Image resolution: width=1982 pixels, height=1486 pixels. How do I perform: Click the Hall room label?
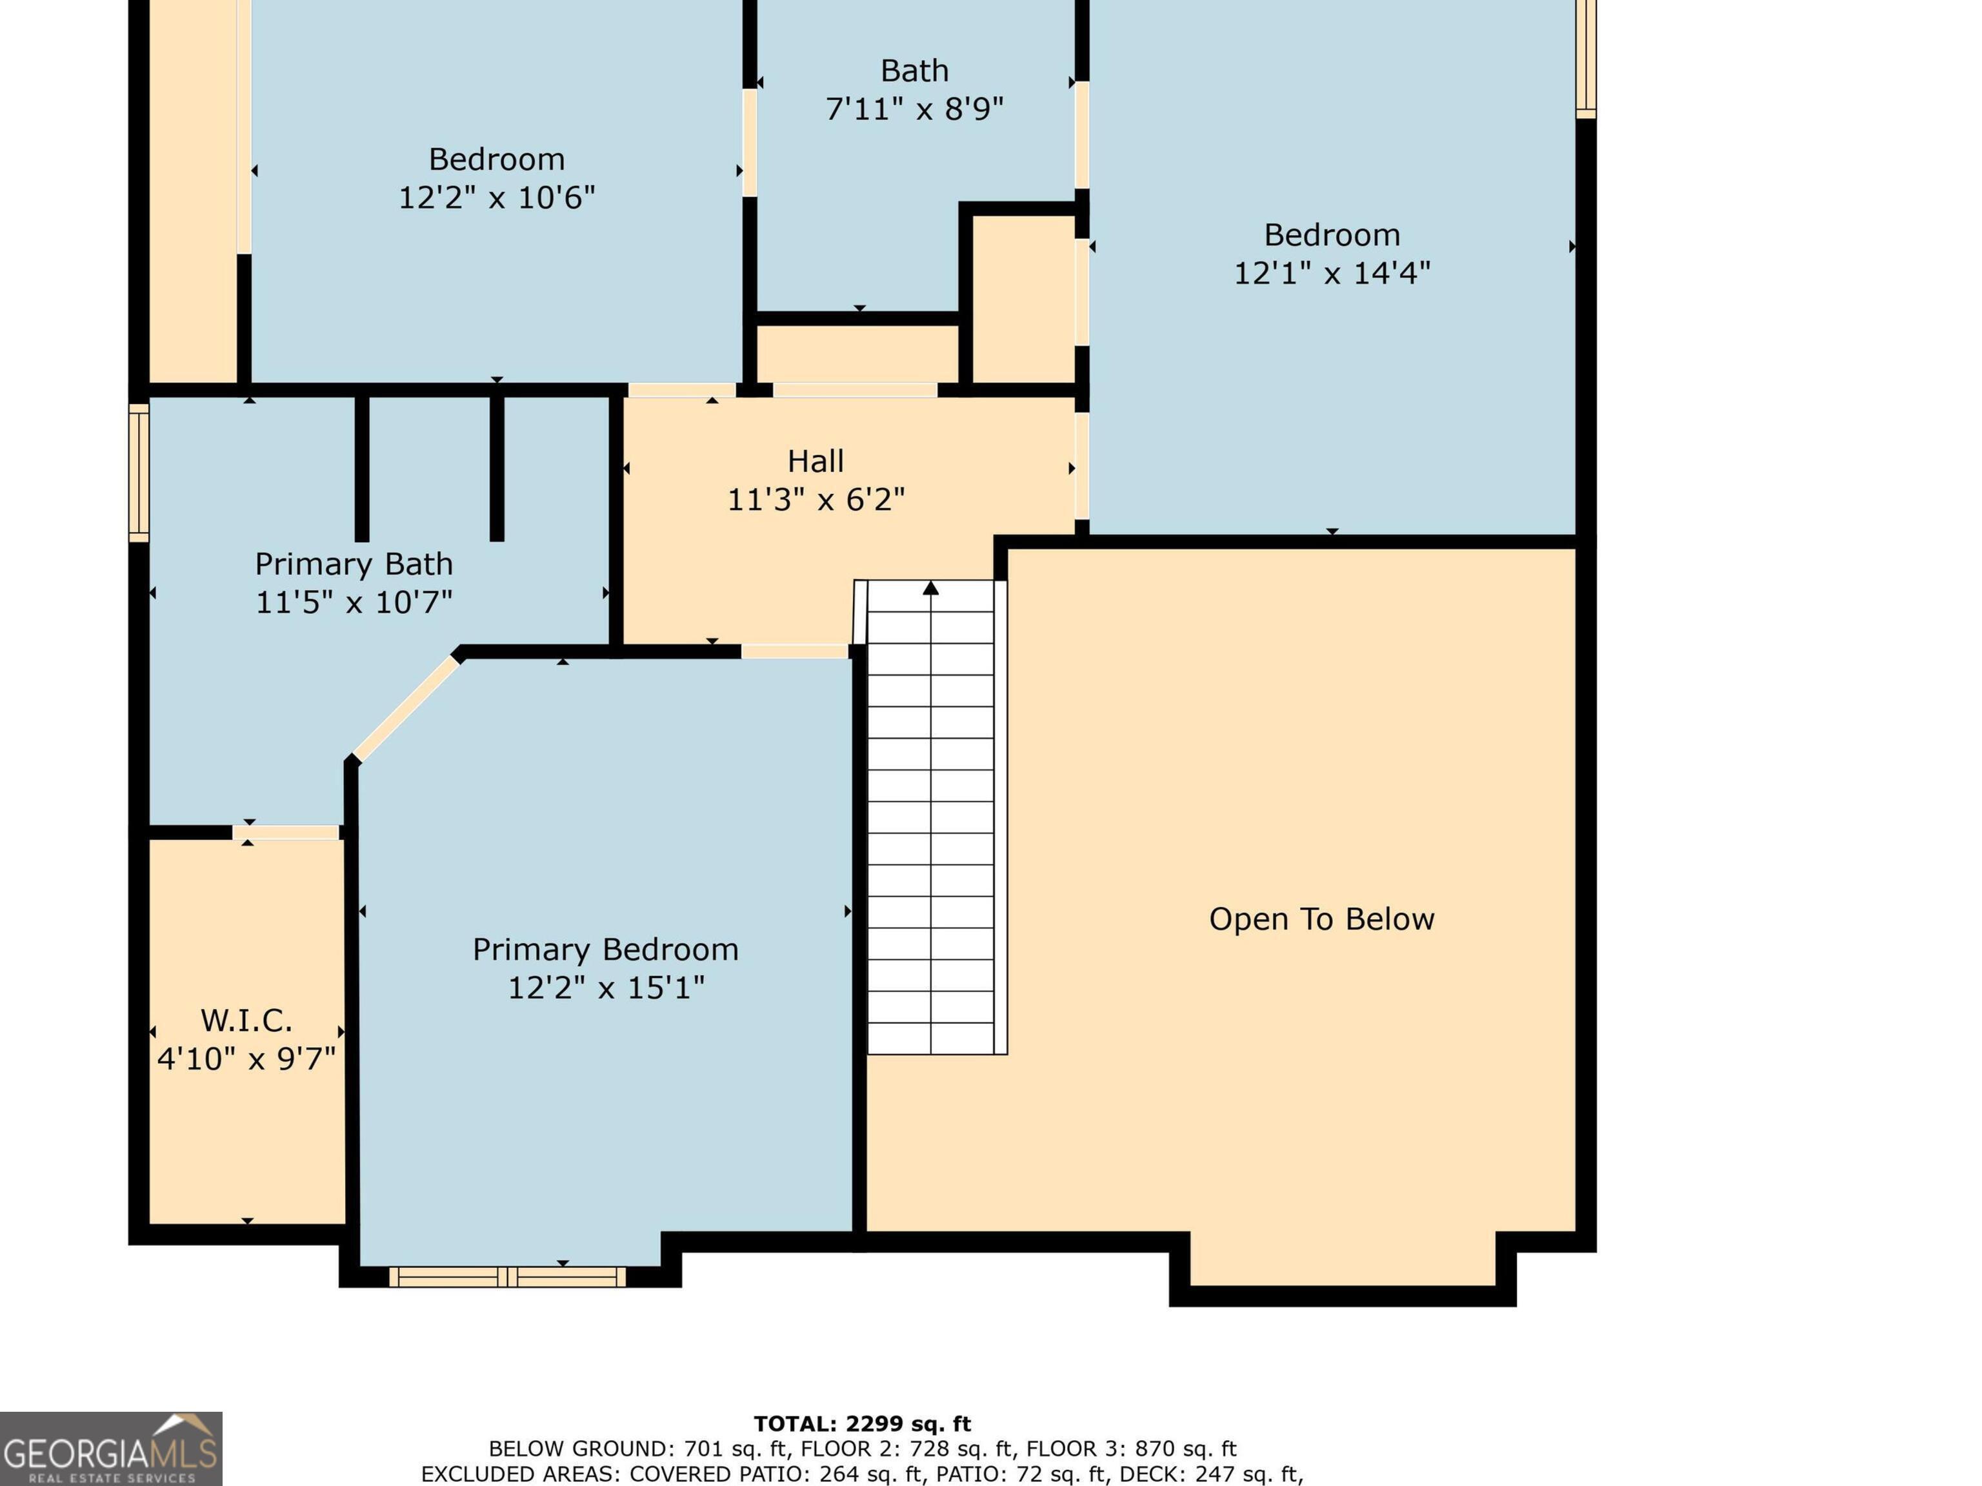click(816, 461)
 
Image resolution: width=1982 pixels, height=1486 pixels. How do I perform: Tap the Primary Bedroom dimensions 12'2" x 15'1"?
click(606, 988)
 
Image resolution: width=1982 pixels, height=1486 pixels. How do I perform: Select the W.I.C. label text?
click(246, 1020)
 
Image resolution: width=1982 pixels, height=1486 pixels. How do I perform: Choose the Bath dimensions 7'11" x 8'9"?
click(914, 109)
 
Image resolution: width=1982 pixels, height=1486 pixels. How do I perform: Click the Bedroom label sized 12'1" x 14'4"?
click(1332, 235)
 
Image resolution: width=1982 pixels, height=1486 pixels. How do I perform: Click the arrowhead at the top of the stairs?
click(931, 588)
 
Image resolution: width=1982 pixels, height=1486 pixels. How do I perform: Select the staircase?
click(931, 817)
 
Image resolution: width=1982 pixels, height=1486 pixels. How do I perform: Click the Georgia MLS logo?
click(111, 1449)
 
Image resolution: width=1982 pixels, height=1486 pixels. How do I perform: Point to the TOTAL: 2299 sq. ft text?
click(862, 1424)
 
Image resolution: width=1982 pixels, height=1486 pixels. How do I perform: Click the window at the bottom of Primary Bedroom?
click(508, 1276)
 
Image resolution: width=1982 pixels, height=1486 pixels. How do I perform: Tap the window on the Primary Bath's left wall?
click(139, 473)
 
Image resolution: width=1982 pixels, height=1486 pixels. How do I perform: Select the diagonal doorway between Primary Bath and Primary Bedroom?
click(405, 708)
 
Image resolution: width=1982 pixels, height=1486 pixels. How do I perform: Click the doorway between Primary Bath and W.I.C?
click(286, 833)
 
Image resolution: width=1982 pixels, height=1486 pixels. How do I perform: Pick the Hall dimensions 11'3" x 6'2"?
click(816, 499)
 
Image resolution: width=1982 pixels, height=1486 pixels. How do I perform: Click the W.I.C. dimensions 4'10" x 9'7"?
click(246, 1059)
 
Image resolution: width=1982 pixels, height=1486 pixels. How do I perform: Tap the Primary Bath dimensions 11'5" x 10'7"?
click(354, 602)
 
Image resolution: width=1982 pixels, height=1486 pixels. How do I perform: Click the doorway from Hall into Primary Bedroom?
click(795, 651)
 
